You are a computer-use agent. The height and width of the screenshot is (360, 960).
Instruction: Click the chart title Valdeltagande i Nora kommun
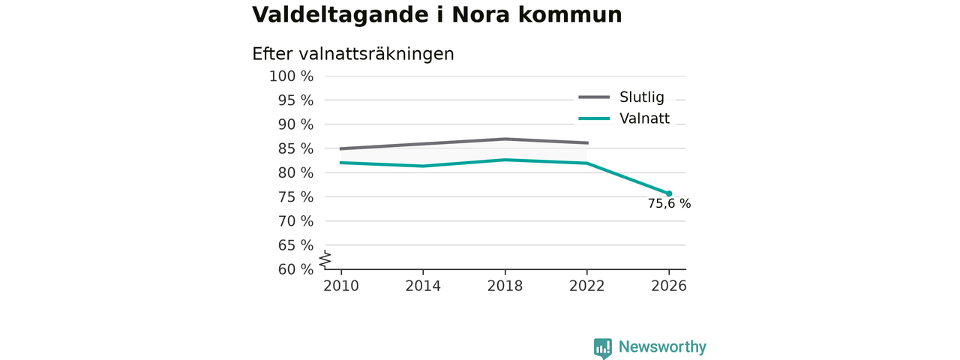pyautogui.click(x=436, y=14)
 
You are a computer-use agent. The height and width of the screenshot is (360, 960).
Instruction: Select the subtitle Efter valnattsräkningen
pyautogui.click(x=352, y=54)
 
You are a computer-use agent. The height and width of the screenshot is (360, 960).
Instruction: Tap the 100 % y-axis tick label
pyautogui.click(x=291, y=76)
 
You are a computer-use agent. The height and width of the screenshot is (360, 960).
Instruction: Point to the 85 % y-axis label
pyautogui.click(x=295, y=148)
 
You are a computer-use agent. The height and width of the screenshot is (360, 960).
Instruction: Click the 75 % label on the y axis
pyautogui.click(x=295, y=197)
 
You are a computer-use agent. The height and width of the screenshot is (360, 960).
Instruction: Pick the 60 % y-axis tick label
pyautogui.click(x=295, y=269)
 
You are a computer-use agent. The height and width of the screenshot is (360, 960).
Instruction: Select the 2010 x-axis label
pyautogui.click(x=341, y=286)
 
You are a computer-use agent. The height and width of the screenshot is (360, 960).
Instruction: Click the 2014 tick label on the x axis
pyautogui.click(x=423, y=286)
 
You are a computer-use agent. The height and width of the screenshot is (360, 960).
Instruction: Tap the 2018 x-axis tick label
pyautogui.click(x=505, y=286)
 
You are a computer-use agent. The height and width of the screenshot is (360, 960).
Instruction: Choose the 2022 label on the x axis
pyautogui.click(x=586, y=286)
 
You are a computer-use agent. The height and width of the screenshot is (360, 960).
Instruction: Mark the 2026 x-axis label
pyautogui.click(x=668, y=286)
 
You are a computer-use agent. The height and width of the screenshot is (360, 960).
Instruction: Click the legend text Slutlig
pyautogui.click(x=641, y=97)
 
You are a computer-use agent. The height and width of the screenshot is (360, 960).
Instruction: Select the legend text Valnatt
pyautogui.click(x=644, y=118)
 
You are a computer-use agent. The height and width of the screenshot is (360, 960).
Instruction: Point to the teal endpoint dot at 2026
pyautogui.click(x=669, y=193)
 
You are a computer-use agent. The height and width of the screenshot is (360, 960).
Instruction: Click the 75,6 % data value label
pyautogui.click(x=669, y=203)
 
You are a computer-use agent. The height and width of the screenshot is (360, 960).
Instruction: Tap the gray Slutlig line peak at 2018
pyautogui.click(x=505, y=139)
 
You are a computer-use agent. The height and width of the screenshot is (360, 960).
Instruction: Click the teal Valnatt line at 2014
pyautogui.click(x=423, y=166)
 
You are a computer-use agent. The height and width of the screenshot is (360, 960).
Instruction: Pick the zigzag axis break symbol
pyautogui.click(x=325, y=259)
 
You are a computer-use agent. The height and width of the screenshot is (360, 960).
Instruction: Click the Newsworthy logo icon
pyautogui.click(x=602, y=348)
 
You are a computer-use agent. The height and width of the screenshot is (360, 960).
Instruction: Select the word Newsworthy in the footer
pyautogui.click(x=662, y=346)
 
